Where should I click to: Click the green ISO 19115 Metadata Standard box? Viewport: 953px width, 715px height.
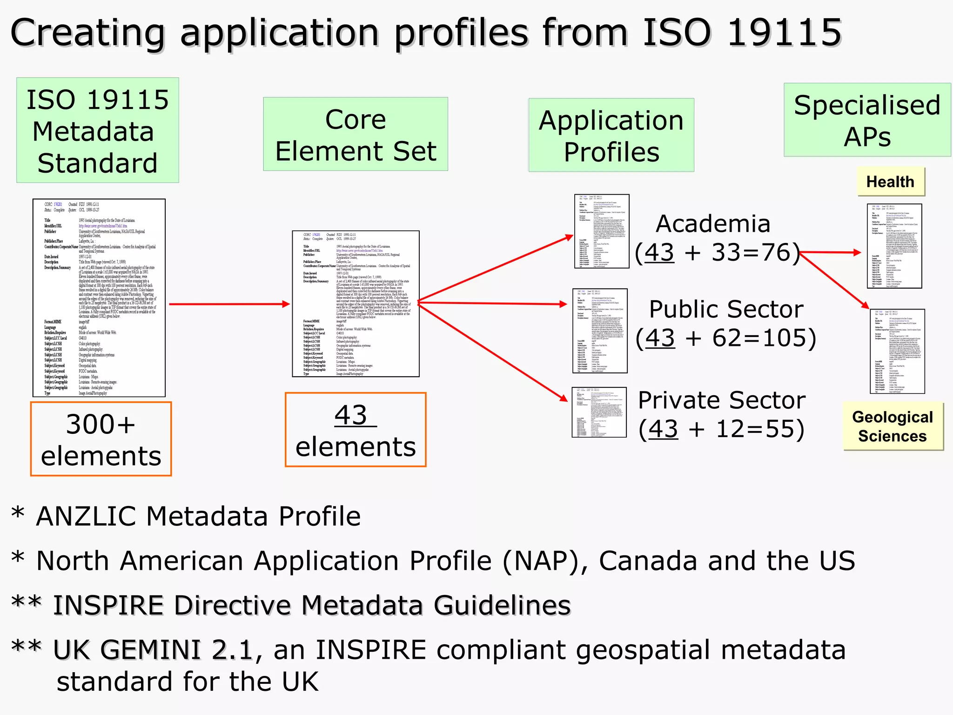tap(97, 130)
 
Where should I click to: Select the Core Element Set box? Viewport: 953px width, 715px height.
tap(356, 134)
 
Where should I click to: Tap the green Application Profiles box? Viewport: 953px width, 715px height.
tap(611, 135)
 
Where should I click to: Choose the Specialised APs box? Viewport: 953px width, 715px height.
tap(867, 120)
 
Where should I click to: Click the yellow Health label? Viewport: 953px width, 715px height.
tap(890, 182)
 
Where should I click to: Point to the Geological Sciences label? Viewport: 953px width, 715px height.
tap(893, 426)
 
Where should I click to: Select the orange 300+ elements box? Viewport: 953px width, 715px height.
tap(101, 439)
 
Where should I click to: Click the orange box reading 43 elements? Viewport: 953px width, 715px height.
tap(356, 429)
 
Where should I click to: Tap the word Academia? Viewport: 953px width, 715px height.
tap(713, 224)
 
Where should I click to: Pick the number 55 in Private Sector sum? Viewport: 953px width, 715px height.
tap(779, 429)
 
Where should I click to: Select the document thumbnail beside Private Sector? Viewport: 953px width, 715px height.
tap(599, 412)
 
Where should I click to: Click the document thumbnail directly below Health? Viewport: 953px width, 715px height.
tap(894, 246)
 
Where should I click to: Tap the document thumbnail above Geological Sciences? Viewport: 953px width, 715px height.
tap(897, 351)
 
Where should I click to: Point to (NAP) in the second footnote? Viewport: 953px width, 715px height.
tap(540, 560)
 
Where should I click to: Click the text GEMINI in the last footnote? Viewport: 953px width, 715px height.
tap(151, 650)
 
